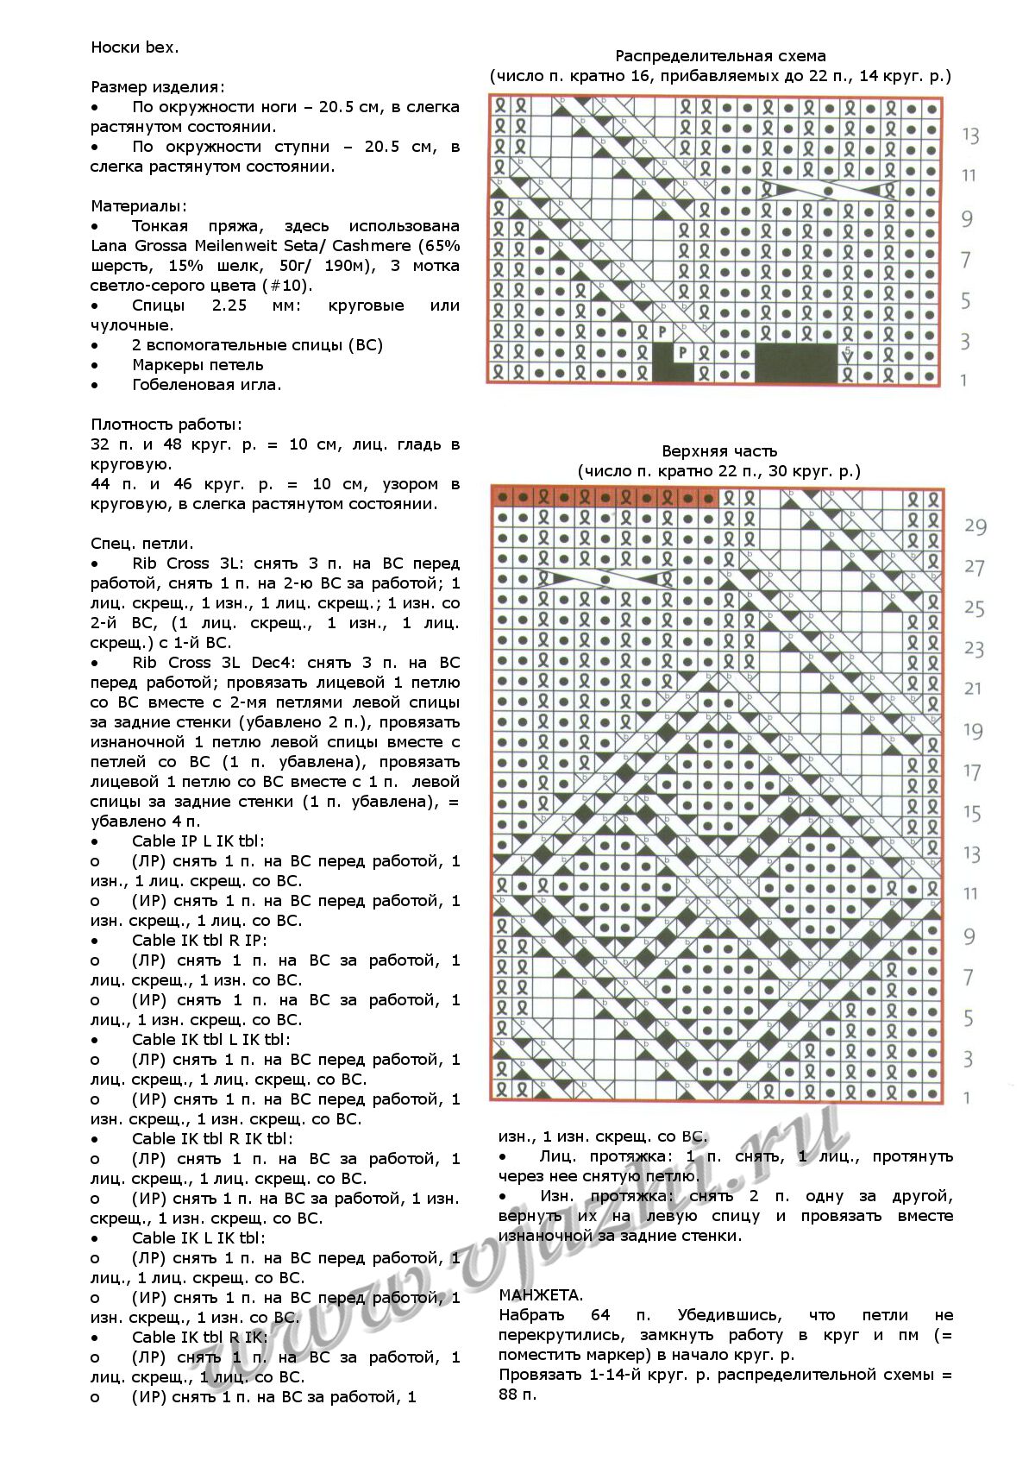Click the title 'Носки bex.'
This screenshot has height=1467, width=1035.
[135, 47]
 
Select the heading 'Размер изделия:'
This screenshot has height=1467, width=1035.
[158, 87]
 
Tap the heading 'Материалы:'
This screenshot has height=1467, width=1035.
[138, 206]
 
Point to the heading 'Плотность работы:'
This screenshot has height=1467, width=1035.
[166, 425]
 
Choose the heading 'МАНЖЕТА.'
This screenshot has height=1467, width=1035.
[541, 1294]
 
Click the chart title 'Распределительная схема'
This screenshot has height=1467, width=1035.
[720, 57]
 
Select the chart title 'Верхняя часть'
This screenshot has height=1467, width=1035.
[719, 451]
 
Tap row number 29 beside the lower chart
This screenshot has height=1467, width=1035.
[975, 526]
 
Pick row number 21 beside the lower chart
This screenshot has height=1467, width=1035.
[973, 689]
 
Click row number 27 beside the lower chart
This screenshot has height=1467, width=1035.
[974, 567]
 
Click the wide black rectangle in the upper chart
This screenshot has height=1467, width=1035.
[796, 362]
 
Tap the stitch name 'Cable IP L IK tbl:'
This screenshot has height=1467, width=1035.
[198, 841]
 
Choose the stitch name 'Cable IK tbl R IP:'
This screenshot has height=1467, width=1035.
[199, 941]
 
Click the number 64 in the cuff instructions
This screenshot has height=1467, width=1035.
[601, 1315]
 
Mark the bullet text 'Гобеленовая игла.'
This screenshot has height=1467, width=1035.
[206, 385]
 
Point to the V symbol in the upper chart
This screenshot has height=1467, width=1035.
[848, 356]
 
